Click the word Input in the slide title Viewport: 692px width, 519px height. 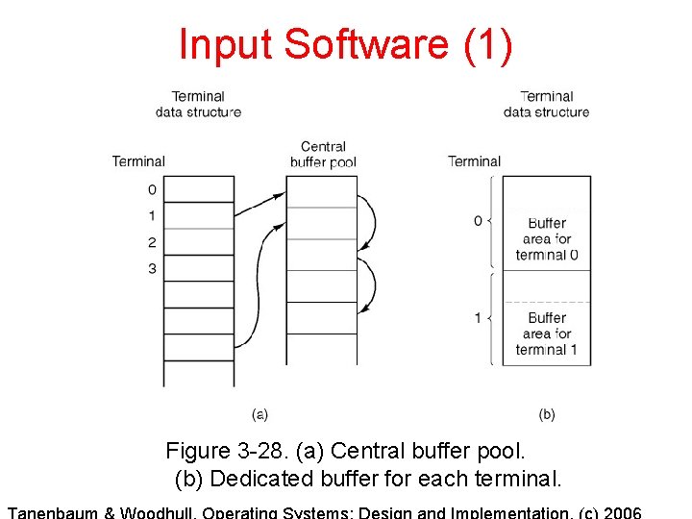click(x=212, y=44)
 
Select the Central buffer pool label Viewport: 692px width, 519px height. click(x=323, y=154)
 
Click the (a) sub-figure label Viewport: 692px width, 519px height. click(x=259, y=414)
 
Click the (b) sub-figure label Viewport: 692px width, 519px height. click(x=547, y=414)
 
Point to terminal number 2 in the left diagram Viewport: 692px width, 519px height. click(x=152, y=242)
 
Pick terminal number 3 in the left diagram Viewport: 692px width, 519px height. click(x=152, y=268)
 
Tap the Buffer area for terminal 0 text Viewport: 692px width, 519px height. click(x=547, y=238)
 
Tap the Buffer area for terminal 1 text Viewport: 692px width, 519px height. click(x=547, y=334)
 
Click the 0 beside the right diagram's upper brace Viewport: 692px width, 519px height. click(x=478, y=221)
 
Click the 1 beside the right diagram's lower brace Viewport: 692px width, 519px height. click(x=478, y=317)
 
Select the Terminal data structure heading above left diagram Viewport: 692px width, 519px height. click(x=198, y=104)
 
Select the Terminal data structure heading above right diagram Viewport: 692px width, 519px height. click(x=546, y=104)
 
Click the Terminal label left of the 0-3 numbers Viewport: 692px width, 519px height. click(x=138, y=161)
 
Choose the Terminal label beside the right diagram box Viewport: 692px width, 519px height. click(x=474, y=161)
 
